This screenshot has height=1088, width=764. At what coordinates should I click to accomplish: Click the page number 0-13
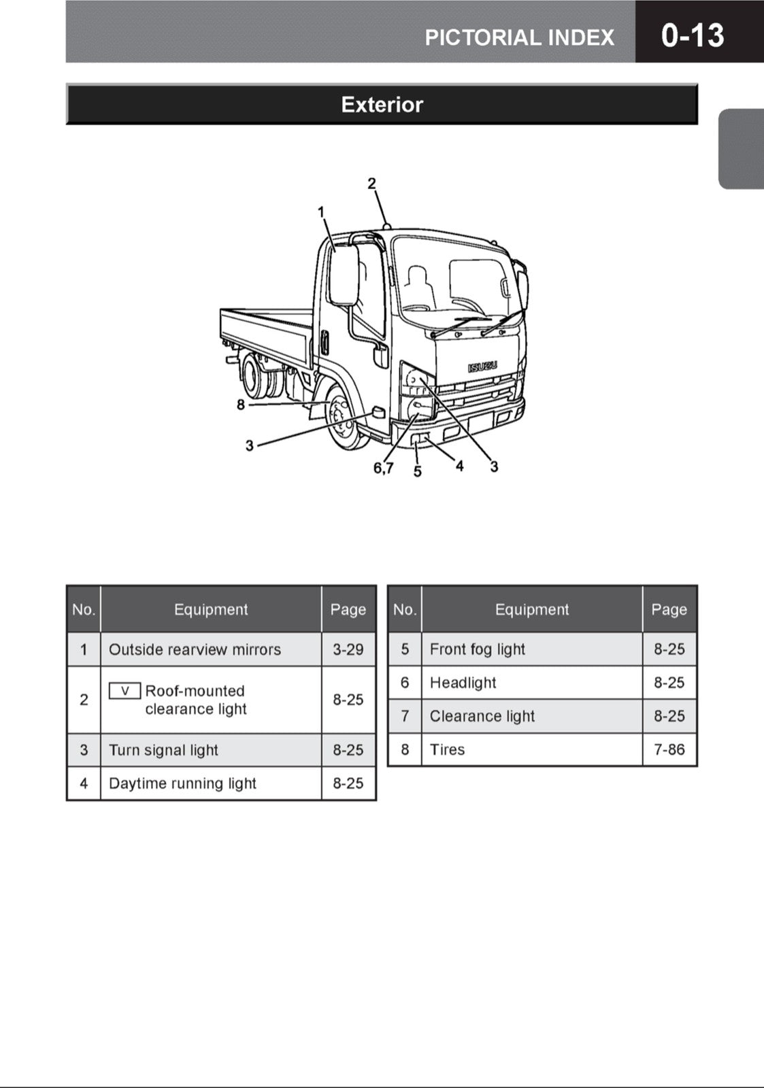tap(692, 35)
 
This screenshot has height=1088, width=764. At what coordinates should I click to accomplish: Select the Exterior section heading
tap(382, 105)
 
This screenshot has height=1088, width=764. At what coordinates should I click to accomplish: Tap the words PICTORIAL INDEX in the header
tap(519, 37)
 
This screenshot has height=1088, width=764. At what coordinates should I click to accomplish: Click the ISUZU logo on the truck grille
tap(482, 367)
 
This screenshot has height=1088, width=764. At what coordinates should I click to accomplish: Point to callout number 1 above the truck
tap(321, 212)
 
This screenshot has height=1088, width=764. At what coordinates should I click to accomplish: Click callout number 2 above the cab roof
tap(371, 183)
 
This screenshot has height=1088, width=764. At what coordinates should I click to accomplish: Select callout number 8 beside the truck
tap(241, 405)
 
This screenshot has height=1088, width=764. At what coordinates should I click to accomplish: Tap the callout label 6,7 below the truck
tap(383, 468)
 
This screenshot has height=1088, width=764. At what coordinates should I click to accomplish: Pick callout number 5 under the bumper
tap(418, 471)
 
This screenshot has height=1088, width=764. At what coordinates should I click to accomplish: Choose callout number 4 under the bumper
tap(460, 466)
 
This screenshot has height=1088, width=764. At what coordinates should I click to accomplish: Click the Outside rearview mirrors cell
tap(195, 649)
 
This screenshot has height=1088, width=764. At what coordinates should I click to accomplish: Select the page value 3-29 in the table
tap(348, 649)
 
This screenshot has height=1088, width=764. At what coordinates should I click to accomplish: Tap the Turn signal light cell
tap(163, 750)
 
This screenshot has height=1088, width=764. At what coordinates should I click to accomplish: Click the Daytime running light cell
tap(182, 783)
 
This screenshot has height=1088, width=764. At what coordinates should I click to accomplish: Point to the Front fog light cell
tap(477, 649)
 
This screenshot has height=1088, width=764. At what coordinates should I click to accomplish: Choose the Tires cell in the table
tap(447, 749)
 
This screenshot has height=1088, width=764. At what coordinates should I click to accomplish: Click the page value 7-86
tap(669, 749)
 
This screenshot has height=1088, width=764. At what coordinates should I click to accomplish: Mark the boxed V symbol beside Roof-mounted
tap(124, 691)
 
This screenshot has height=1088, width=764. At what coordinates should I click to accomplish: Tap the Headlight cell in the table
tap(463, 683)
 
